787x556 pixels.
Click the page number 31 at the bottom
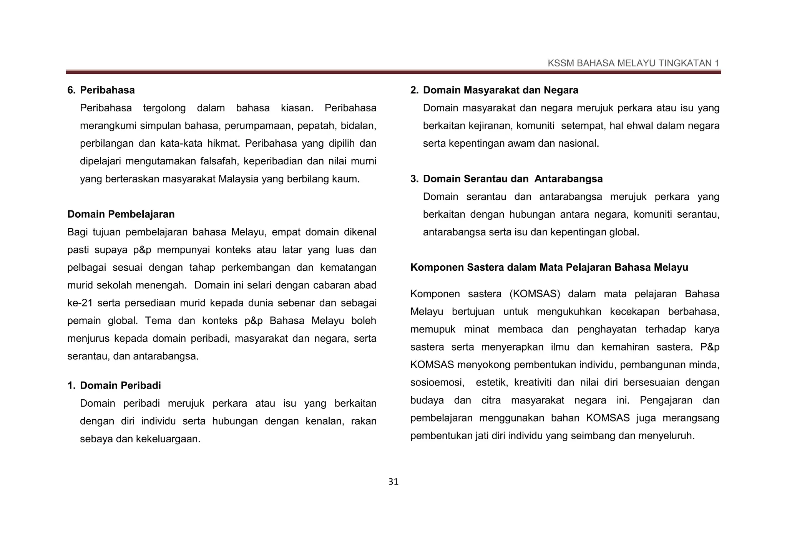[393, 482]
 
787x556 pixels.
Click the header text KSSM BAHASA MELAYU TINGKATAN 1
[633, 63]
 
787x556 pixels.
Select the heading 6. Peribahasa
[101, 90]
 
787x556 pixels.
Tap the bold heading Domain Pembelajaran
[121, 214]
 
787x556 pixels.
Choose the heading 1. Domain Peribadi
[114, 386]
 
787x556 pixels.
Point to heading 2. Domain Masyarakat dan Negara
[494, 90]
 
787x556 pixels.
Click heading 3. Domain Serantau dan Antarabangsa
[506, 179]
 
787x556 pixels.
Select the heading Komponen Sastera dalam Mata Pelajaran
[549, 267]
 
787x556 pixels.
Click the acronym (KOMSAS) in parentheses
[535, 294]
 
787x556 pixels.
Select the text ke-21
[80, 303]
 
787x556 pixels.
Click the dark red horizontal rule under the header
[393, 72]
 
